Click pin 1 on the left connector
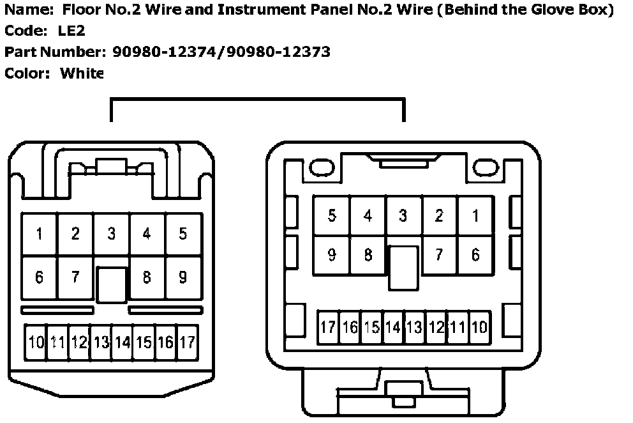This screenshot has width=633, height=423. [x=40, y=234]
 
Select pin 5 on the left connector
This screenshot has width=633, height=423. [x=183, y=234]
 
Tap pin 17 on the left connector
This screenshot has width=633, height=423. [x=187, y=342]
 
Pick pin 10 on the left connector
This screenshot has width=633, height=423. [x=36, y=342]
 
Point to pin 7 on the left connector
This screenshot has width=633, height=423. [x=75, y=277]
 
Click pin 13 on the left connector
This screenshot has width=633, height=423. [x=101, y=342]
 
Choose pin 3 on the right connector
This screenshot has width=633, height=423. [x=403, y=216]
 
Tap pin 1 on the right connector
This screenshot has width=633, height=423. [x=475, y=216]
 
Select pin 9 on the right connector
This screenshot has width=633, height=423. [x=332, y=255]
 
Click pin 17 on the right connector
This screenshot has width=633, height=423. [x=328, y=328]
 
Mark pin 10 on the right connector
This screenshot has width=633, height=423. [x=479, y=328]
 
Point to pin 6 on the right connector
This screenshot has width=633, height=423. [x=475, y=255]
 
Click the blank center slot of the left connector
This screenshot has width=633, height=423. [x=112, y=284]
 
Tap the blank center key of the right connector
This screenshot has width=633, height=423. [x=403, y=268]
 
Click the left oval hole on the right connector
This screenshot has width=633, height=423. [x=318, y=167]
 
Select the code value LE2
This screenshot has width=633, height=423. [x=71, y=31]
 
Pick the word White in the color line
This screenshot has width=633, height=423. [x=82, y=73]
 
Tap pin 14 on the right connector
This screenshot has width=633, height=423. [x=392, y=328]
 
